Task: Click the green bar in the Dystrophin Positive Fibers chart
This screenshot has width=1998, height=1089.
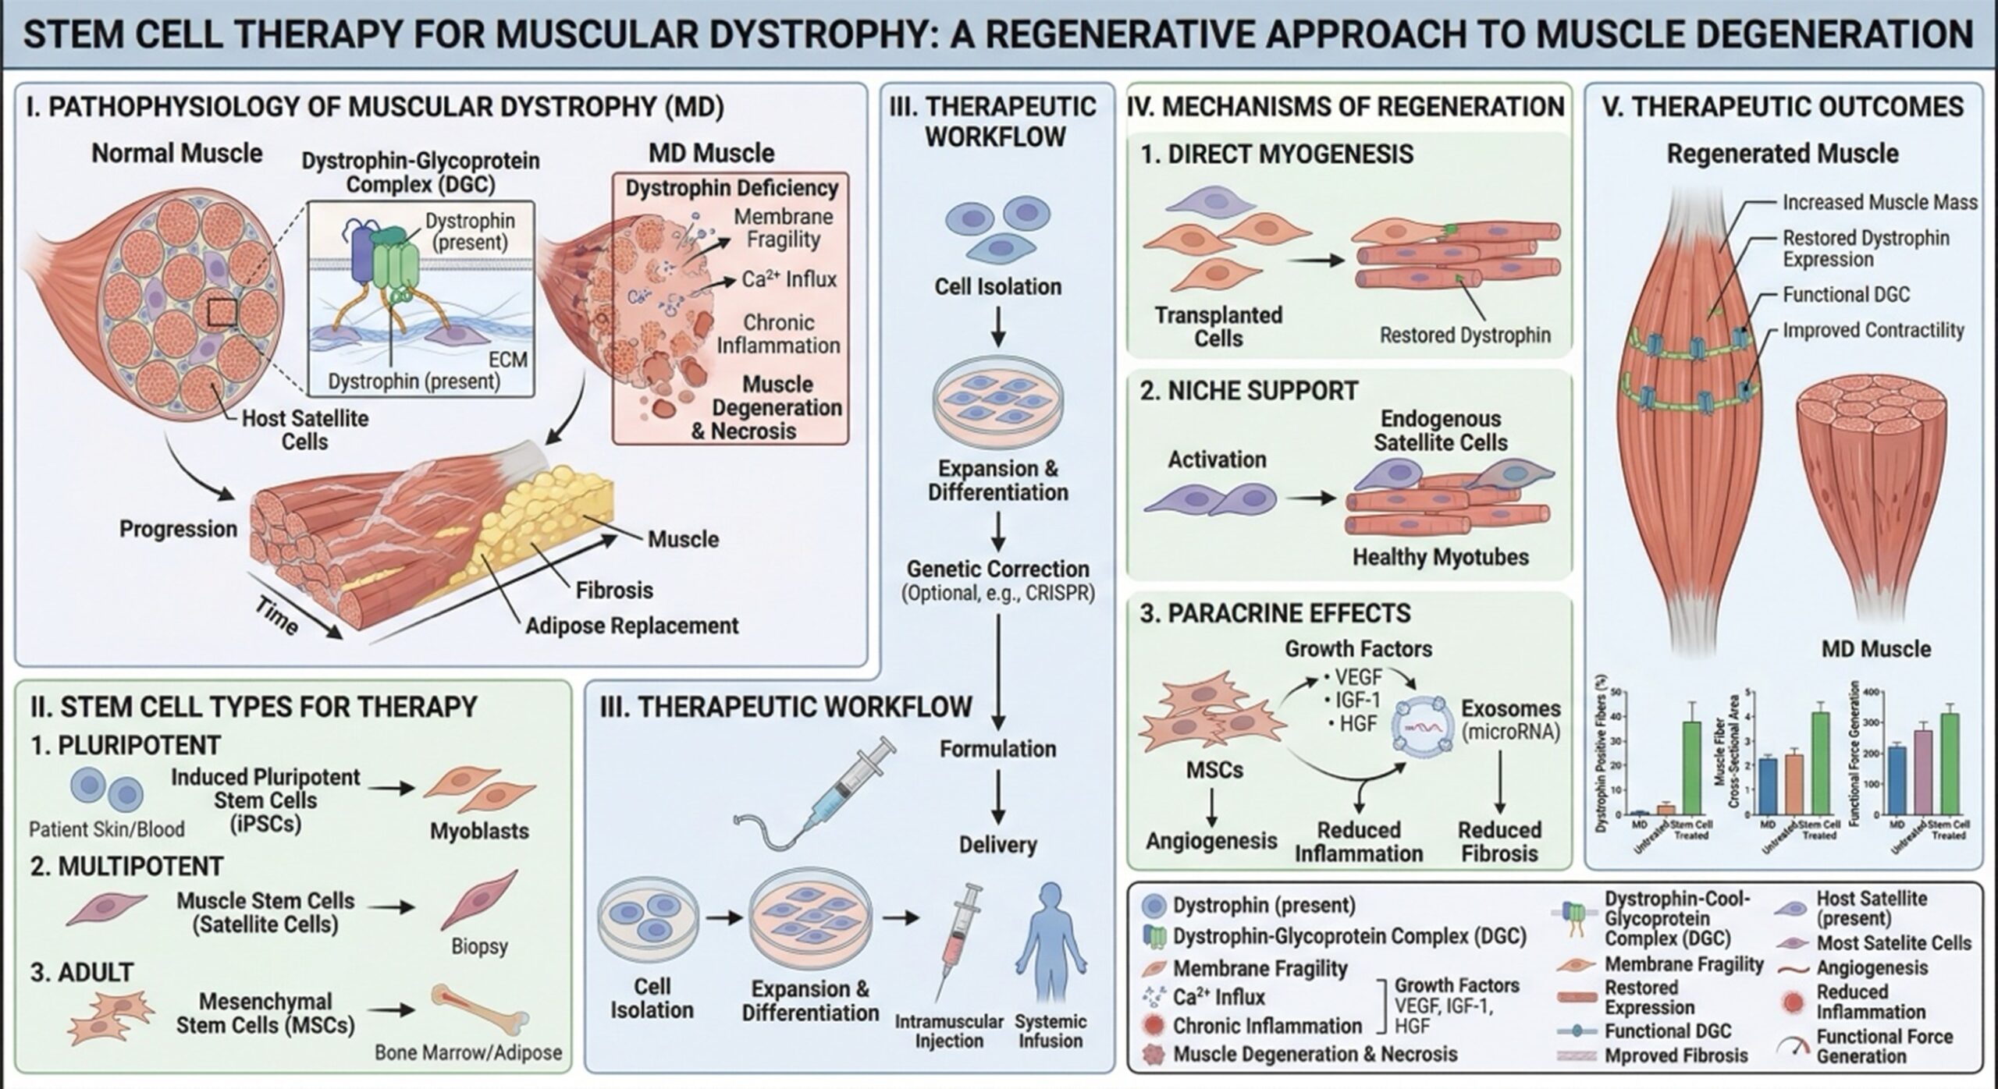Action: click(x=1692, y=768)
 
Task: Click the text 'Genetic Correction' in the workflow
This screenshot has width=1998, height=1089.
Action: click(x=997, y=569)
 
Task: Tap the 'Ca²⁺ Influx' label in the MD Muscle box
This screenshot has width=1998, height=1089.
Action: click(x=788, y=279)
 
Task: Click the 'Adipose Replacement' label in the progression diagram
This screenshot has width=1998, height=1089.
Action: click(x=631, y=626)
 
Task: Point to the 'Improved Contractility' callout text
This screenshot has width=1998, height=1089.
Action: click(x=1872, y=330)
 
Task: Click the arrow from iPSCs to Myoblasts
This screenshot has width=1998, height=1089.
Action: click(x=392, y=788)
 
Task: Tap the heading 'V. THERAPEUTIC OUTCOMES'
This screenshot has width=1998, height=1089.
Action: click(x=1783, y=107)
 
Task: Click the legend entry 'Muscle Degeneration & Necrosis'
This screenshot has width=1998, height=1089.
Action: click(x=1315, y=1054)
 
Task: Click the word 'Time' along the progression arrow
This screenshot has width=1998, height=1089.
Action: click(x=276, y=619)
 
